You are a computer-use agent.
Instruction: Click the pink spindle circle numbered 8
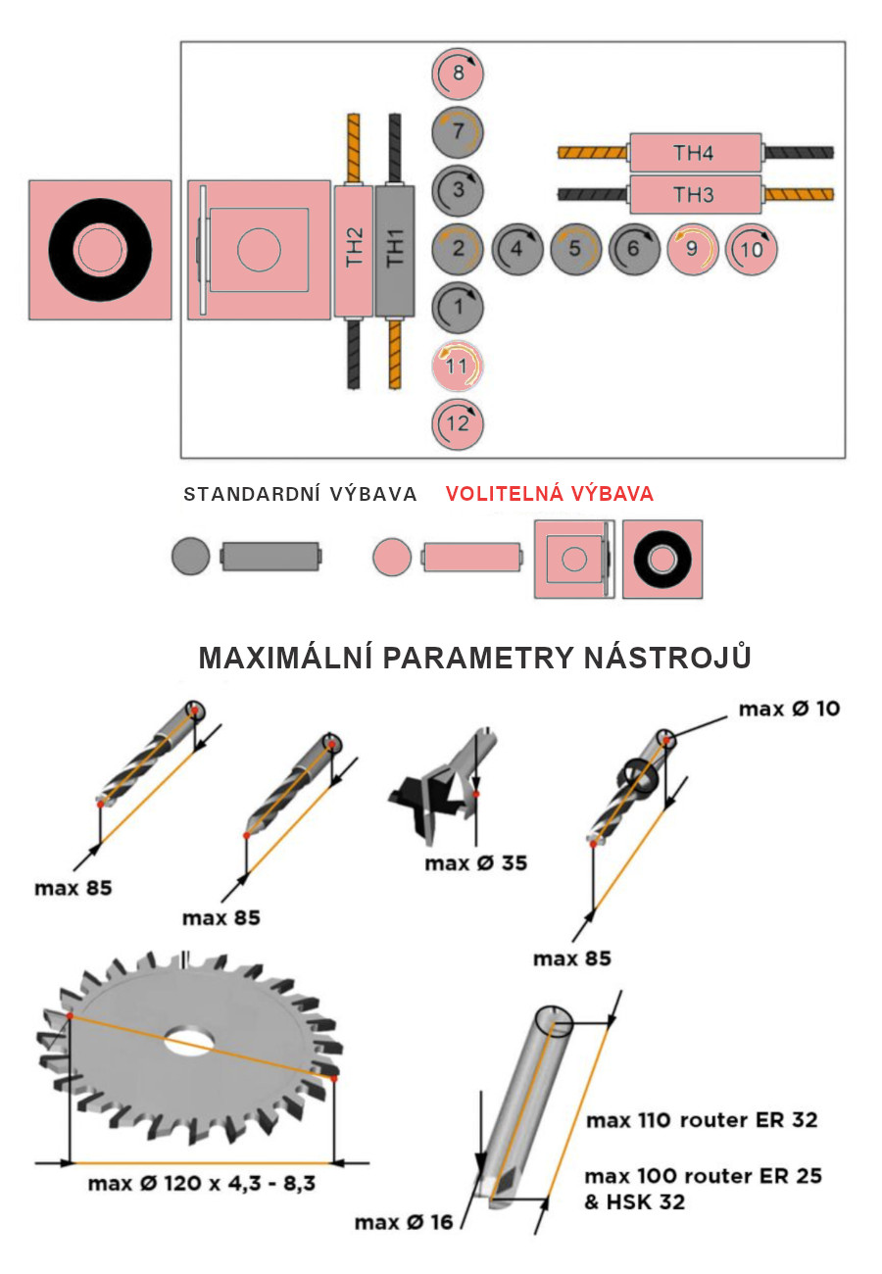click(458, 73)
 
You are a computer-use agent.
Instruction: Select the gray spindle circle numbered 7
click(458, 132)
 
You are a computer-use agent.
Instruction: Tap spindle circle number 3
click(458, 190)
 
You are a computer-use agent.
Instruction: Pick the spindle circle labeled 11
click(458, 366)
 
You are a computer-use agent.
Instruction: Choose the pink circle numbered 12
click(458, 424)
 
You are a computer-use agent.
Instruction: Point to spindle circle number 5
click(575, 249)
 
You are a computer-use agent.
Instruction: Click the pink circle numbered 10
click(752, 249)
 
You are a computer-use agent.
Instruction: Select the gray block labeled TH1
click(395, 251)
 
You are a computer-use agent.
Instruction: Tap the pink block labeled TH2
click(354, 251)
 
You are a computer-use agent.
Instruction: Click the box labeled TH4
click(695, 153)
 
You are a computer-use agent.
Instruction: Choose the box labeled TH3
click(695, 194)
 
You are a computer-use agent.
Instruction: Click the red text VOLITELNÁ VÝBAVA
click(550, 493)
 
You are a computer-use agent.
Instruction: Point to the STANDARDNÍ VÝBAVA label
click(300, 494)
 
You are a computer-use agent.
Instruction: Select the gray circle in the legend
click(190, 556)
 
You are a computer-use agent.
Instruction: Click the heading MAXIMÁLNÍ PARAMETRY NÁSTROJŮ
click(475, 658)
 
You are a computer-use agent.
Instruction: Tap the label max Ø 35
click(476, 862)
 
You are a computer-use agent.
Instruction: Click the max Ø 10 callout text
click(789, 709)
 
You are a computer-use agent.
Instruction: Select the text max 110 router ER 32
click(702, 1120)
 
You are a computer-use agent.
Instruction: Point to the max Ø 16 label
click(404, 1222)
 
